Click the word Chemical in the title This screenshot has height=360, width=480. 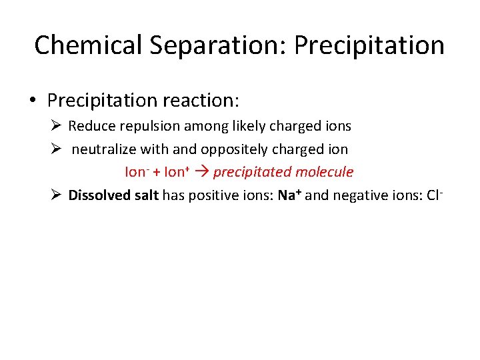(x=88, y=45)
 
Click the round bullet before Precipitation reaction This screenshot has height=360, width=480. (x=33, y=101)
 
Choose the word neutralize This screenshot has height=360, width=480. (x=103, y=149)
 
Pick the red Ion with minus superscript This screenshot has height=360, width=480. (x=135, y=172)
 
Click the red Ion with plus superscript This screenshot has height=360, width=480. (x=175, y=172)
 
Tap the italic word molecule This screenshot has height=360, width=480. (x=324, y=172)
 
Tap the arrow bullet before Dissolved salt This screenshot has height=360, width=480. (x=56, y=195)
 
